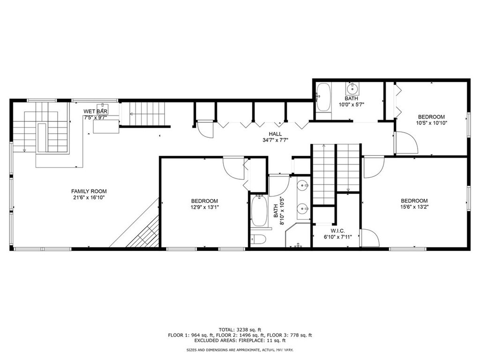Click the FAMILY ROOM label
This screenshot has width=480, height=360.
click(89, 191)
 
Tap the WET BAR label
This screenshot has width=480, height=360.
click(96, 112)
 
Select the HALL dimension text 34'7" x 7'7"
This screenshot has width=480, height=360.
click(275, 140)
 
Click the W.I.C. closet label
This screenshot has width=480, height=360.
click(338, 230)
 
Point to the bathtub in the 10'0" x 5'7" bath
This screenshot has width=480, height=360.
click(323, 97)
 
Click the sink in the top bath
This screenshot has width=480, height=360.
click(352, 89)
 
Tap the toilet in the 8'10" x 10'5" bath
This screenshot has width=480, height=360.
click(258, 239)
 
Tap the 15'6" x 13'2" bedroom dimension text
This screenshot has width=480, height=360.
click(414, 207)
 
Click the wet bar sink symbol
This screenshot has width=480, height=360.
click(102, 106)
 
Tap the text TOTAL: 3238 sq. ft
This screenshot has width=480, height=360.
click(240, 330)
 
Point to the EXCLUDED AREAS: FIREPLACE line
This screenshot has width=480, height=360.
click(240, 341)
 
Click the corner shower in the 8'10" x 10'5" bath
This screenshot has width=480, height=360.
click(298, 236)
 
